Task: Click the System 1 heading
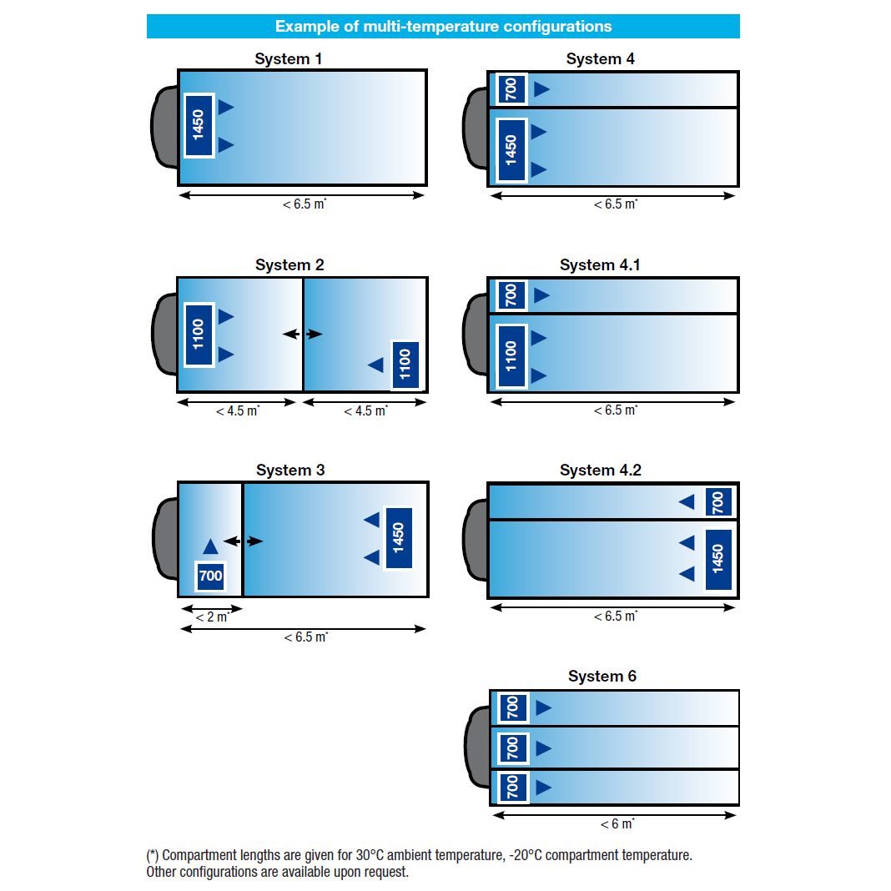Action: pos(288,59)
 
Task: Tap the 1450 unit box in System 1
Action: pos(199,125)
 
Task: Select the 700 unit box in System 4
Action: pos(511,88)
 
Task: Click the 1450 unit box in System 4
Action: pos(511,150)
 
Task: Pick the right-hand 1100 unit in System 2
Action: pos(405,365)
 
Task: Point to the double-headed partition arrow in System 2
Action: pos(302,334)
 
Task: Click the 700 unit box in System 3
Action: pos(210,576)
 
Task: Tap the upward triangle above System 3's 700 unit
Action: pos(210,546)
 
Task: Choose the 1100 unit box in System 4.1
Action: pos(511,356)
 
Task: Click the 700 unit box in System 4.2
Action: pos(717,502)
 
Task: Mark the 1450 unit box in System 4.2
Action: pos(717,559)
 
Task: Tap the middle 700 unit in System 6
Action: pos(512,748)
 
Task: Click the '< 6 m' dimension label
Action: pos(617,824)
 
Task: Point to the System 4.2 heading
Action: pos(601,471)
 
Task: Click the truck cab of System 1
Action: pos(164,127)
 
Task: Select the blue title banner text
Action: pos(443,26)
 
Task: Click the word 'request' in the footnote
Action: pos(386,873)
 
